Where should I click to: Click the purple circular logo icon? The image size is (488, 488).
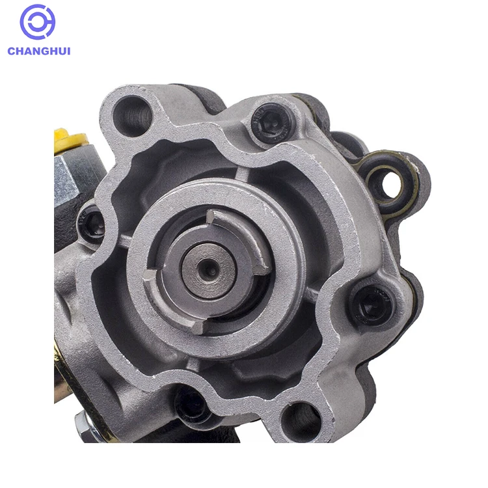pyautogui.click(x=38, y=22)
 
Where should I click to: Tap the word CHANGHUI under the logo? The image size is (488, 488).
pyautogui.click(x=39, y=51)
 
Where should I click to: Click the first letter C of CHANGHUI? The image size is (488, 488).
pyautogui.click(x=12, y=51)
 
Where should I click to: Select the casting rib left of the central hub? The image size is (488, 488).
pyautogui.click(x=124, y=241)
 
